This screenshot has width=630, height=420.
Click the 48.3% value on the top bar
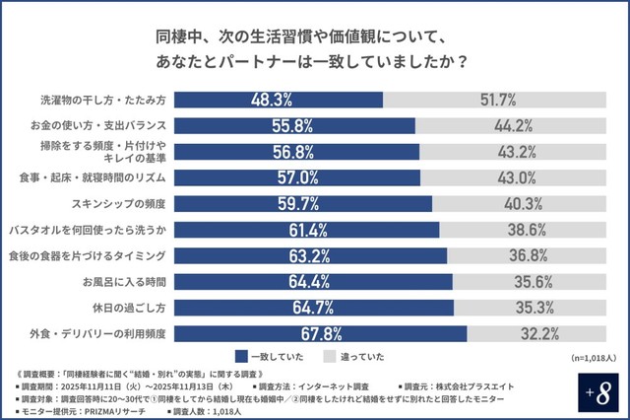pos(269,100)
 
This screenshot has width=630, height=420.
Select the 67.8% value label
pos(297,332)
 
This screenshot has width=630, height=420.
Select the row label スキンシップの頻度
pos(121,203)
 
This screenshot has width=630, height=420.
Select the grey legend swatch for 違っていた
pos(330,356)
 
